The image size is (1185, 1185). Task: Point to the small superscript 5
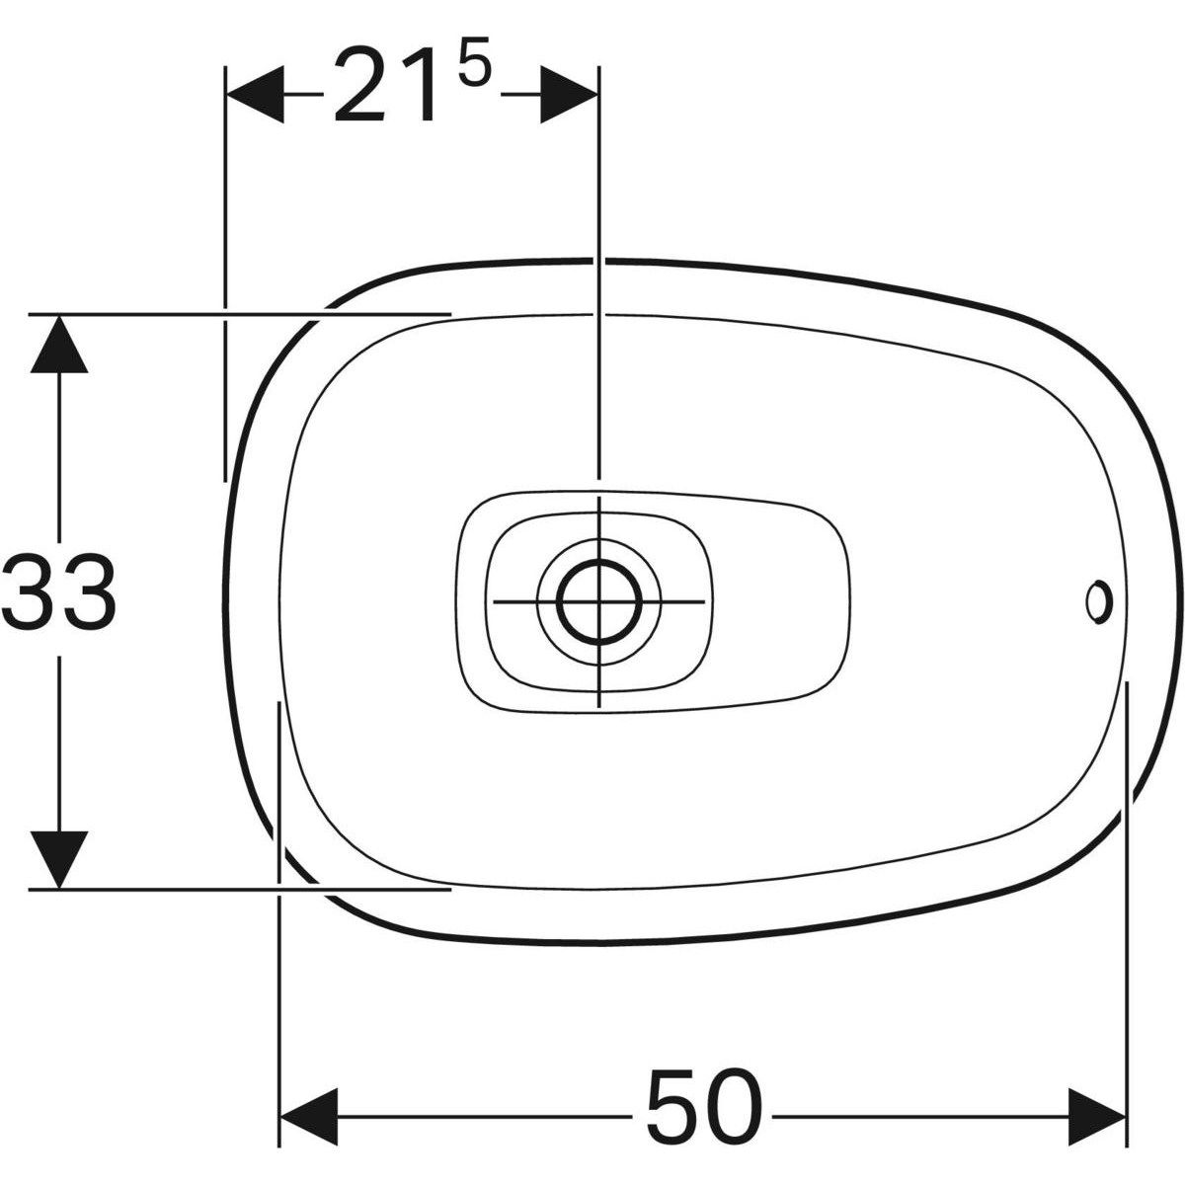(475, 60)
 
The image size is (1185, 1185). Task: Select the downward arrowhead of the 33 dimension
(59, 859)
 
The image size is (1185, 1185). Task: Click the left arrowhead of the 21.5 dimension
(256, 95)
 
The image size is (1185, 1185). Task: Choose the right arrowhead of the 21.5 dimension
(569, 95)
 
